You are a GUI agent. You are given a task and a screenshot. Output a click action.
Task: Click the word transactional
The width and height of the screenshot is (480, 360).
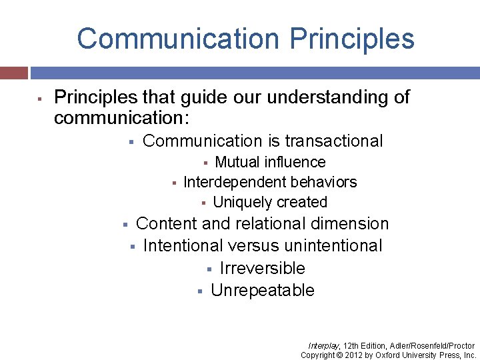(x=334, y=141)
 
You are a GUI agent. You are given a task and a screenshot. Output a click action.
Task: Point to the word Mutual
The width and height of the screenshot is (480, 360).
(x=237, y=162)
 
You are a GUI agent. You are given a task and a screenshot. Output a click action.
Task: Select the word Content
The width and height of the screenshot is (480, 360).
(x=167, y=224)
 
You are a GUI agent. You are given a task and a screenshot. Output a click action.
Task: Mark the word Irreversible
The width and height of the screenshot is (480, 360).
(x=262, y=269)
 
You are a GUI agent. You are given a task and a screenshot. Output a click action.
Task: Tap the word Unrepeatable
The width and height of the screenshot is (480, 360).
(x=262, y=291)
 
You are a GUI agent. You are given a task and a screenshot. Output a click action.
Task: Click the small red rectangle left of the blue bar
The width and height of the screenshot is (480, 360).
(x=13, y=72)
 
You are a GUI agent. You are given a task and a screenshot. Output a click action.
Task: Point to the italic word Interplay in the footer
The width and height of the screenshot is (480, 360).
(x=323, y=346)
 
